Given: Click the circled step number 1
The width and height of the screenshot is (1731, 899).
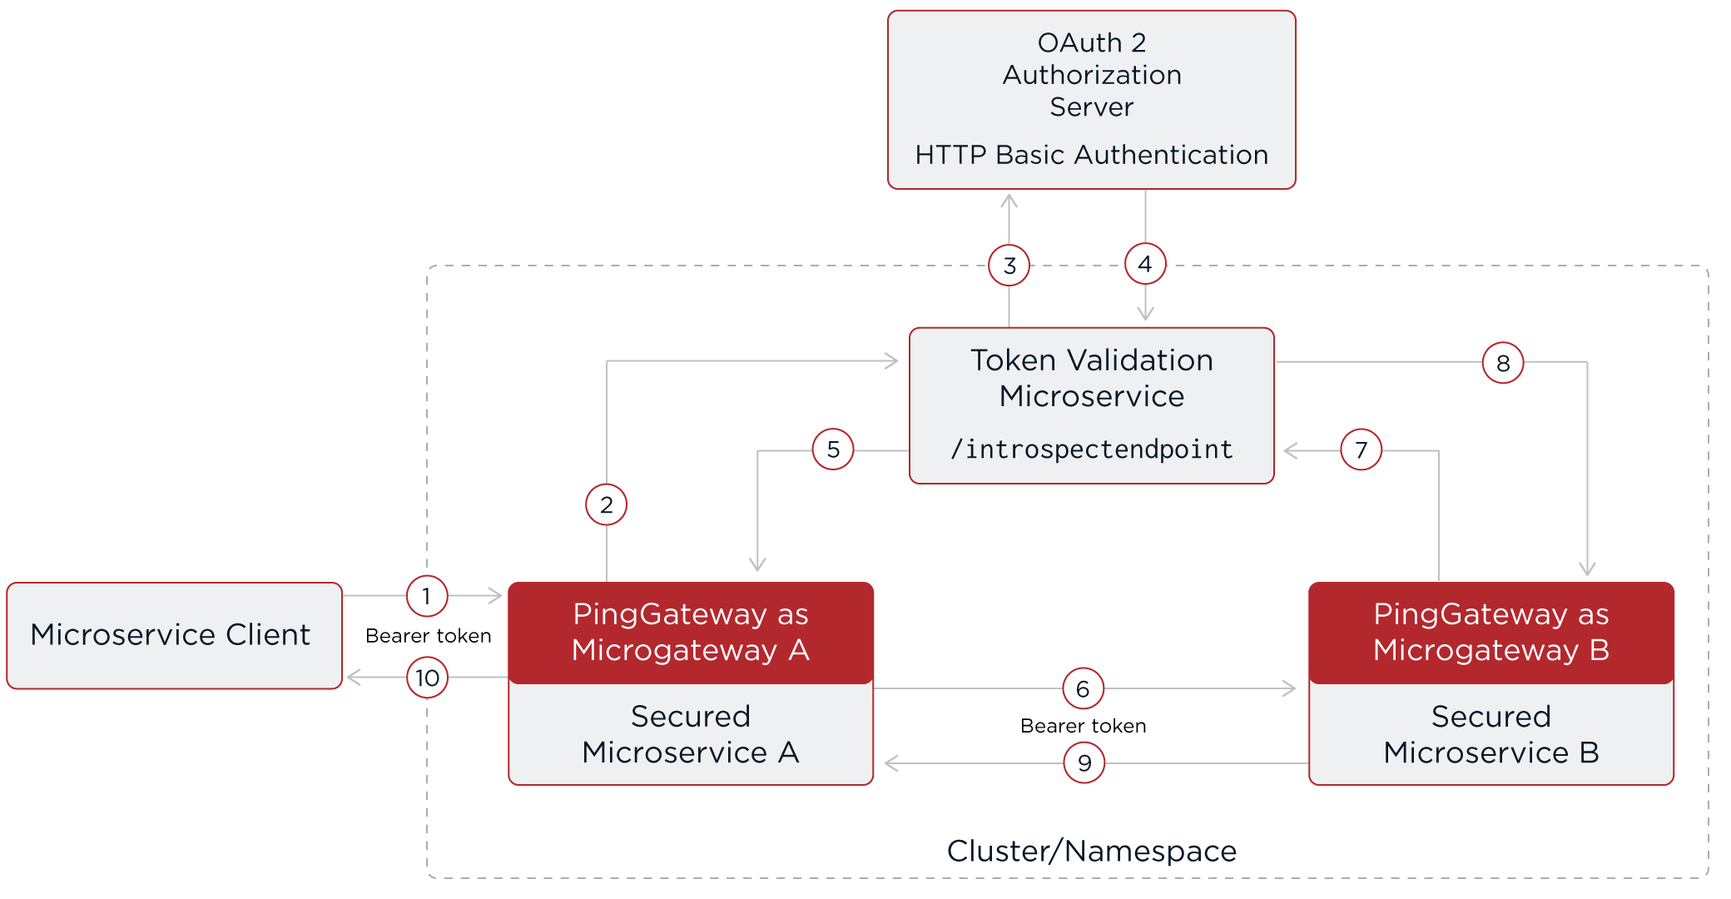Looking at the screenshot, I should point(427,596).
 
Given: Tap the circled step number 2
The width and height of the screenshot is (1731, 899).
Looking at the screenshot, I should point(606,504).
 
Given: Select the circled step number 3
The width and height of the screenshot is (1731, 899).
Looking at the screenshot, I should point(1009,266).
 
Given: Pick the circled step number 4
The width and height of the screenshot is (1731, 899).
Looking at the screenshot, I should point(1145,264).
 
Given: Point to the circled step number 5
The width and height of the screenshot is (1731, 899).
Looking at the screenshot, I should point(833,449).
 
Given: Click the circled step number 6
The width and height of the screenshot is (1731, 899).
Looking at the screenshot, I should point(1083,688).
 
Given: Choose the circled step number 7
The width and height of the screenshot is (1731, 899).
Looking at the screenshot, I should point(1361,450).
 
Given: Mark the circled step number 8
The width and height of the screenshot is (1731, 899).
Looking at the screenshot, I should point(1503,363).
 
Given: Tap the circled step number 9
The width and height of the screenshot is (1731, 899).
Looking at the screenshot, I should point(1084,762).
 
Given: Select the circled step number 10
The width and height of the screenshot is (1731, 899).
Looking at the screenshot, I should point(427,678).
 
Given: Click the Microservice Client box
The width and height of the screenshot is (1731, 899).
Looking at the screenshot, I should point(174,635).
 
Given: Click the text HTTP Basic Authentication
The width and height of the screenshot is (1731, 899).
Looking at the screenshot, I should point(1091,155).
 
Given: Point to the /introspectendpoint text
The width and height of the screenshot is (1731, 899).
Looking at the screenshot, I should point(1091,449).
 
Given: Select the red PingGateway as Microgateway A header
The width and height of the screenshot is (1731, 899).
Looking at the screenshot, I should point(690,632).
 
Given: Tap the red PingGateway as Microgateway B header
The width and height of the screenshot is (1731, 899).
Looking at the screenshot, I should point(1490,632).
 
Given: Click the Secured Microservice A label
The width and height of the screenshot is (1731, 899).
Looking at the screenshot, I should point(690,734).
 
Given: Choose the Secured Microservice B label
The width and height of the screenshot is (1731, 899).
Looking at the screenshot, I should point(1490,734).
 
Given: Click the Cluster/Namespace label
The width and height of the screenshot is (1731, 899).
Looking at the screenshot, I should point(1091,851).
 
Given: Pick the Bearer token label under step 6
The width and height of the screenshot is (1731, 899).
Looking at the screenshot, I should point(1083,726).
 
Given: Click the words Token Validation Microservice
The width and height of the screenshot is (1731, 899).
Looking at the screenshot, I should point(1091,378).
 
